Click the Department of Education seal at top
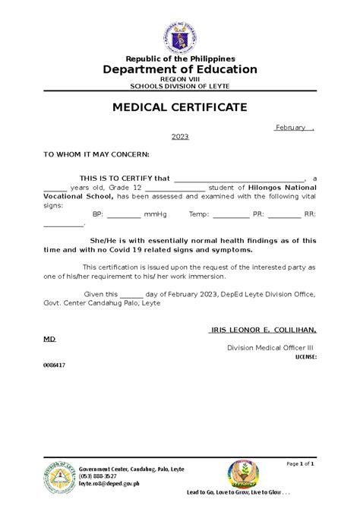click(179, 34)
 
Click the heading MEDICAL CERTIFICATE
click(179, 107)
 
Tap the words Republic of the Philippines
click(180, 58)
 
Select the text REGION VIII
click(180, 78)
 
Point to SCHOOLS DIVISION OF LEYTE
click(180, 86)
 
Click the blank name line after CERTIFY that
click(239, 178)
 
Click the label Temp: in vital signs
click(200, 215)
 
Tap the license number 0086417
click(54, 365)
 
